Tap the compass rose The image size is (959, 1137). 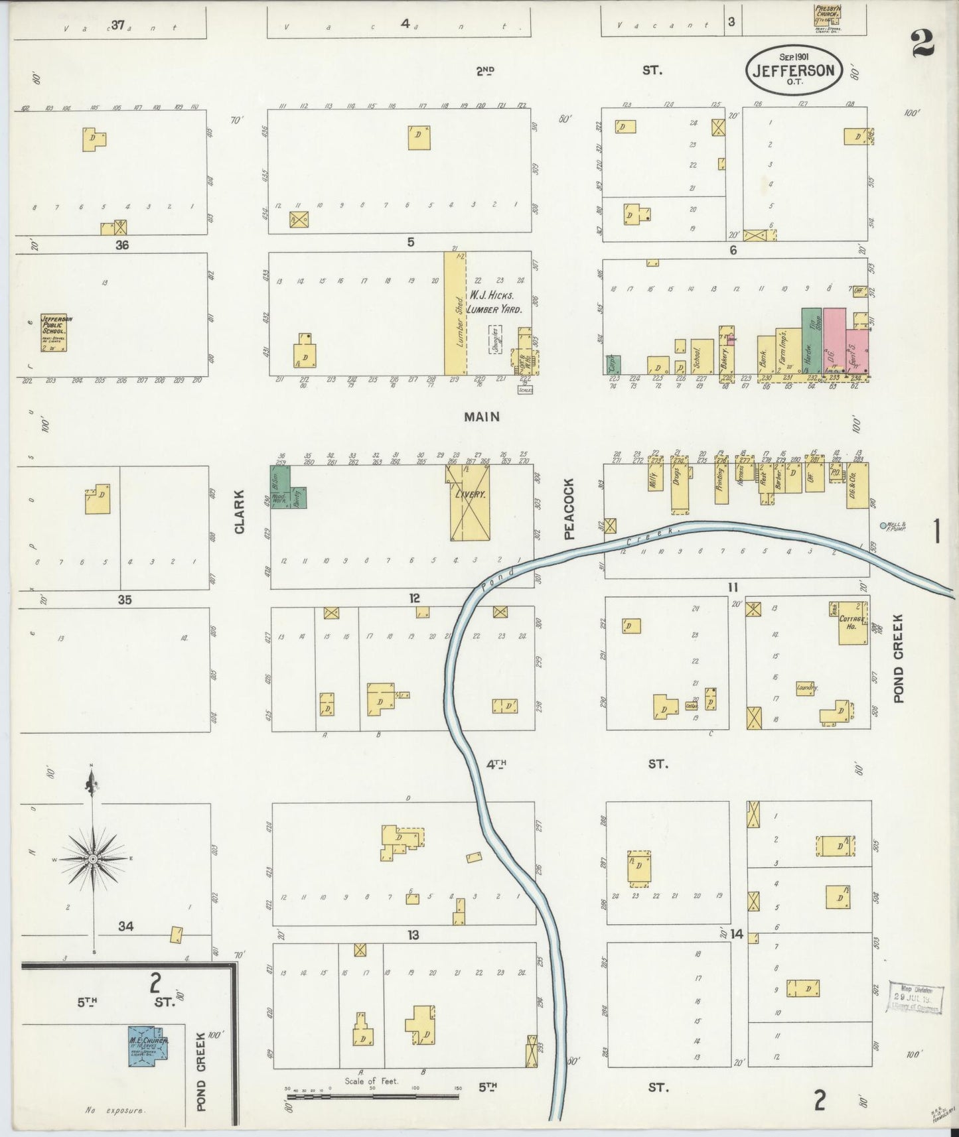click(93, 859)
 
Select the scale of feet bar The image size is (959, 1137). click(372, 1096)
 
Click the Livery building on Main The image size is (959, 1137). click(470, 502)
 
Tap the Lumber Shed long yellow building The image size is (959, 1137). click(455, 314)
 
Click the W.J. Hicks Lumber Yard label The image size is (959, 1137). click(494, 302)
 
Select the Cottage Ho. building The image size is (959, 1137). click(852, 624)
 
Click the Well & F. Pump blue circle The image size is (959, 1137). click(883, 526)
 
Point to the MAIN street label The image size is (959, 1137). click(481, 417)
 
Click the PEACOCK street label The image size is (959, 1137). click(569, 509)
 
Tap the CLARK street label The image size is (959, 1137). click(240, 512)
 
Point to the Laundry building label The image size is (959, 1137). click(806, 689)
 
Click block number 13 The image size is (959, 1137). click(413, 935)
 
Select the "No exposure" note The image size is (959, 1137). click(115, 1108)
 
